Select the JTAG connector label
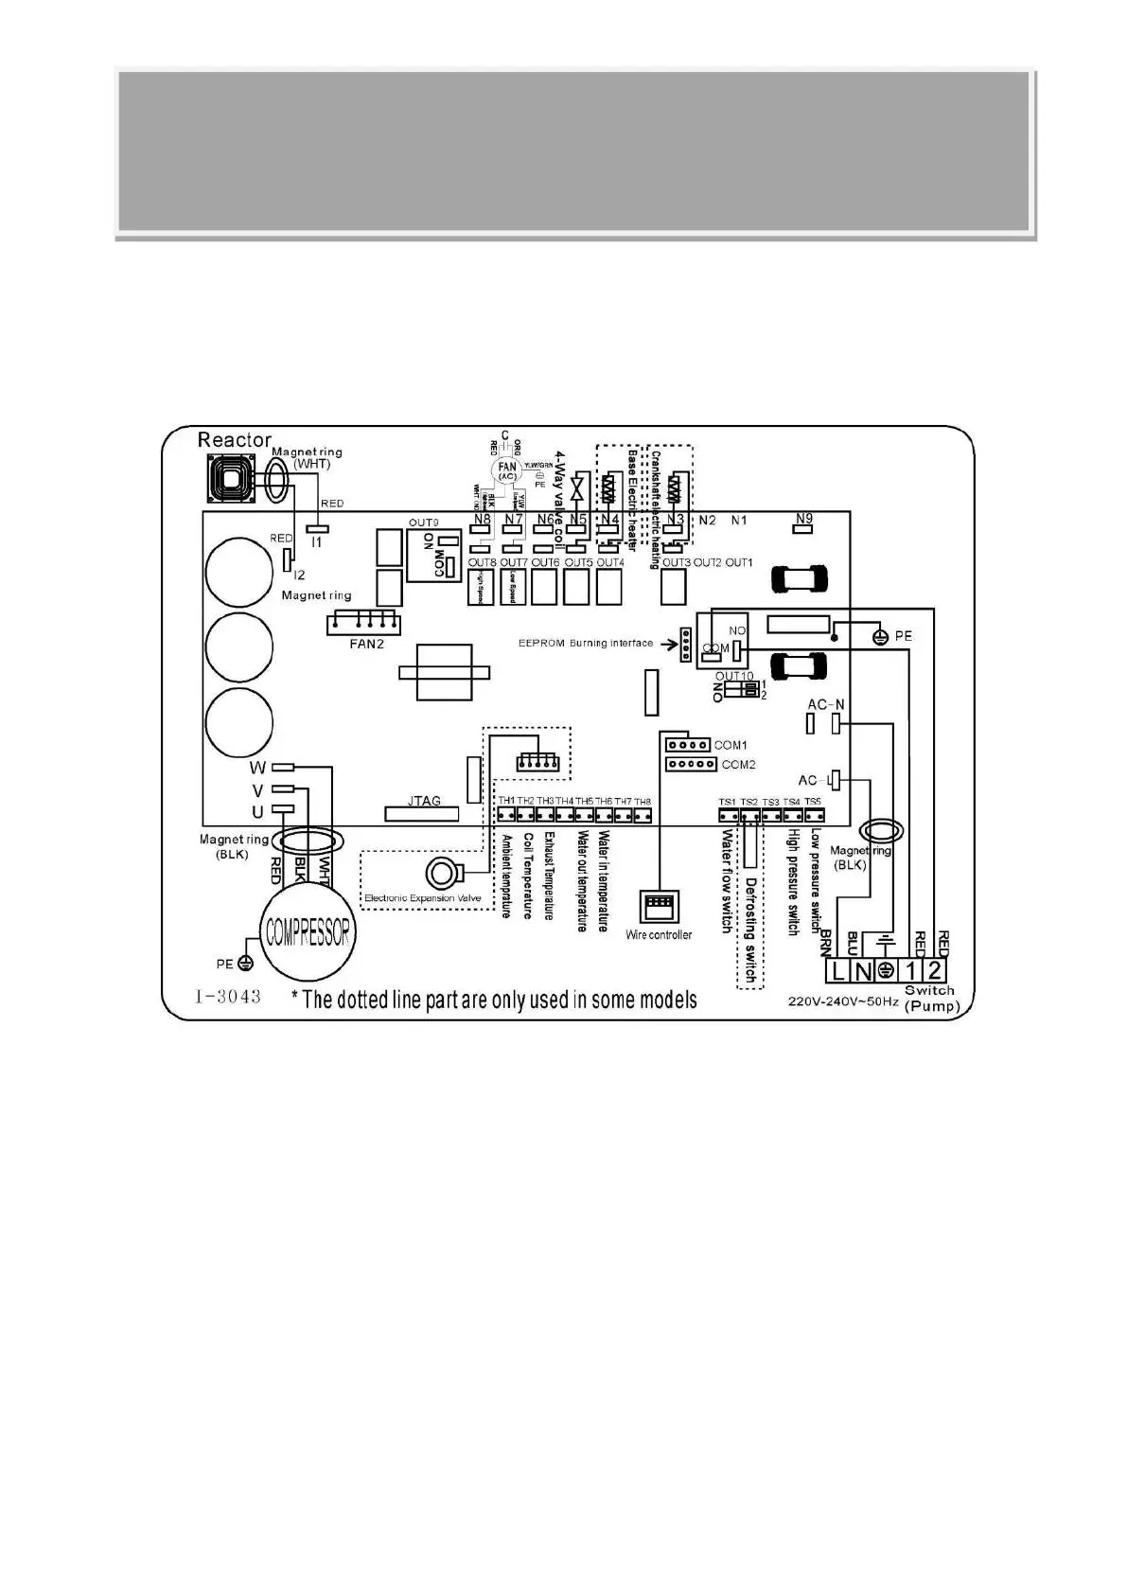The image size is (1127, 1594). pos(424,801)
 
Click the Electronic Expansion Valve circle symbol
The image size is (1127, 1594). pos(441,873)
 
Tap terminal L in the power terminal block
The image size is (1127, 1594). pos(837,970)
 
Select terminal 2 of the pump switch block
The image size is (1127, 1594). pos(934,970)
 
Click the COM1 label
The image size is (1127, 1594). pos(731,745)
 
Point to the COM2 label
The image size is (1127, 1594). pos(738,764)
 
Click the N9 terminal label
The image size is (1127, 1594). pos(803,518)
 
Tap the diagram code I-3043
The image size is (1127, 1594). pos(228,997)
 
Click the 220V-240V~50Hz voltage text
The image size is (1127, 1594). pos(843,1001)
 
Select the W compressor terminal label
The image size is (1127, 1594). pos(257,767)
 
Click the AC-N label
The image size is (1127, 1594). pos(826,705)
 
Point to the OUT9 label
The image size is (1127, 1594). pos(424,522)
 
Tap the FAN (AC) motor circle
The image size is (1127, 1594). pos(508,470)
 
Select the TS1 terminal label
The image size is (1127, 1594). pos(727,802)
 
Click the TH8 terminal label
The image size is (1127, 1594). pos(643,802)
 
